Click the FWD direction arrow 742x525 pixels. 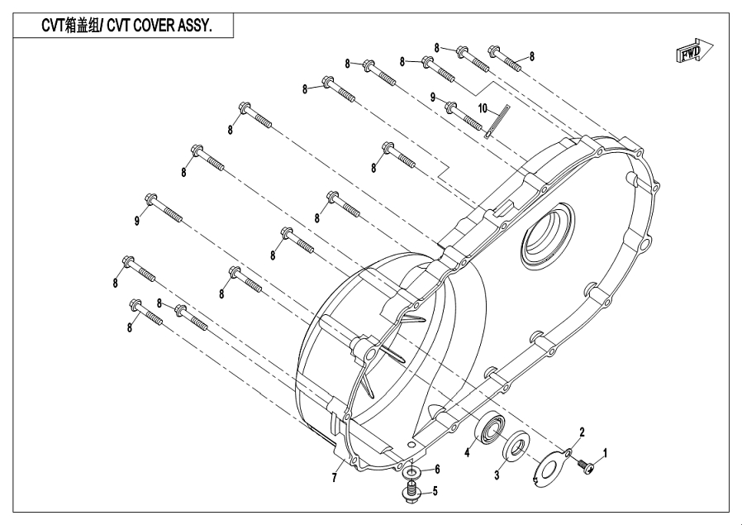click(688, 54)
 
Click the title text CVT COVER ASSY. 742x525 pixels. click(126, 26)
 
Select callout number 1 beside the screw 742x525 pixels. click(605, 453)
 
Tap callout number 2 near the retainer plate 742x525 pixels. click(582, 432)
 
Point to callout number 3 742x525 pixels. click(497, 475)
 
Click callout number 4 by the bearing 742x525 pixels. click(467, 451)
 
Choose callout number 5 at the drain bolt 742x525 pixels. click(435, 490)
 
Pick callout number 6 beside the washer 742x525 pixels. click(437, 469)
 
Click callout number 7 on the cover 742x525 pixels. click(335, 478)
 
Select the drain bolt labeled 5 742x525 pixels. click(411, 494)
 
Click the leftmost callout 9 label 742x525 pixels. click(138, 220)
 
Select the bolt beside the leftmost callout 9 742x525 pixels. click(163, 207)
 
